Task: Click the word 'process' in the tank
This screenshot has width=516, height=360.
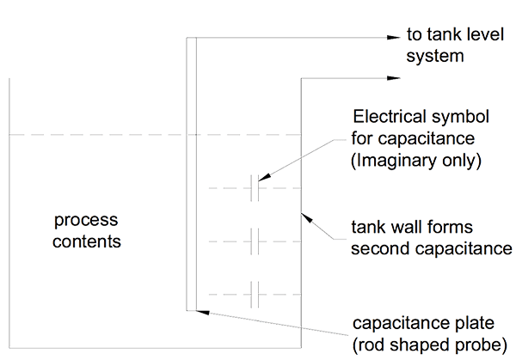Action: pyautogui.click(x=85, y=222)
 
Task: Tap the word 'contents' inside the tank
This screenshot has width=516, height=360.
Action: pyautogui.click(x=87, y=241)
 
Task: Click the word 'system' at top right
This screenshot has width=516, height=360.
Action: pyautogui.click(x=435, y=58)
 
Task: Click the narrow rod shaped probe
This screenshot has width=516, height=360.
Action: pyautogui.click(x=191, y=172)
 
